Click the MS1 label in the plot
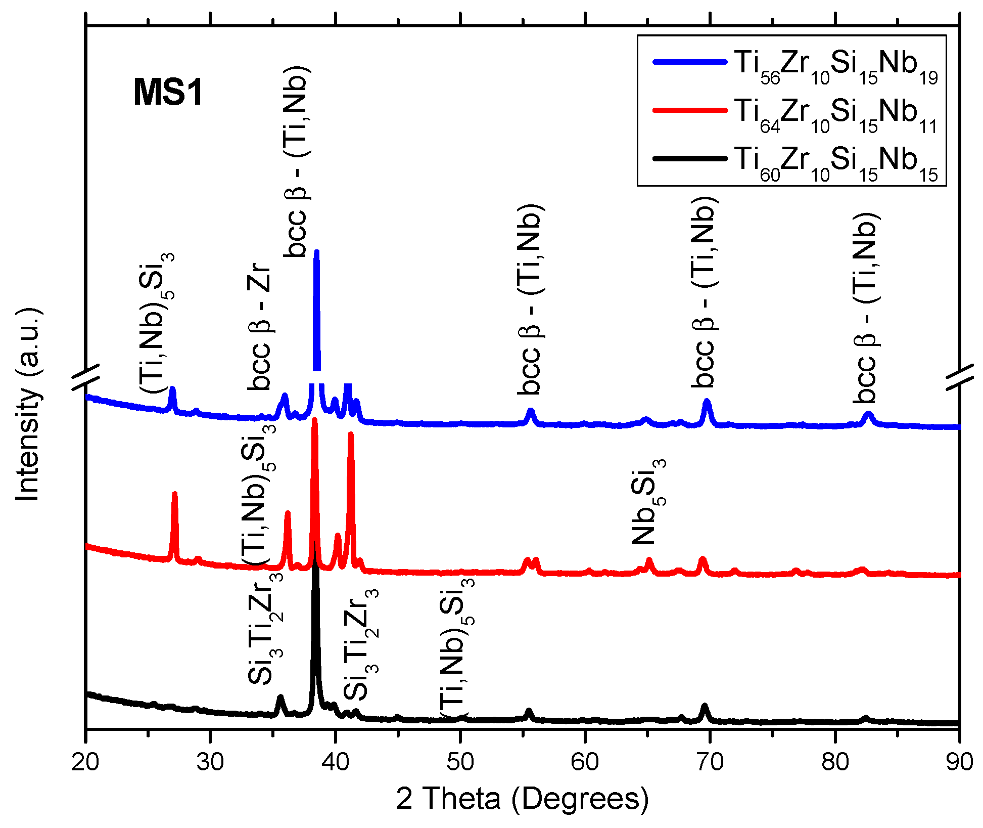pos(168,93)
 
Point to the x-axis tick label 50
pos(460,761)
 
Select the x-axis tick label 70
pos(710,761)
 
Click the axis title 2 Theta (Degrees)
pos(522,799)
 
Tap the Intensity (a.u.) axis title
pos(28,404)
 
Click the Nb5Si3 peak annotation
pos(649,502)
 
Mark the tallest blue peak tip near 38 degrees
pos(317,252)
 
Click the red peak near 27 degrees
pos(175,495)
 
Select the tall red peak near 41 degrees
pos(351,435)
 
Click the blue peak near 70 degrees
pos(707,402)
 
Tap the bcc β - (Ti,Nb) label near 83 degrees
pos(866,308)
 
